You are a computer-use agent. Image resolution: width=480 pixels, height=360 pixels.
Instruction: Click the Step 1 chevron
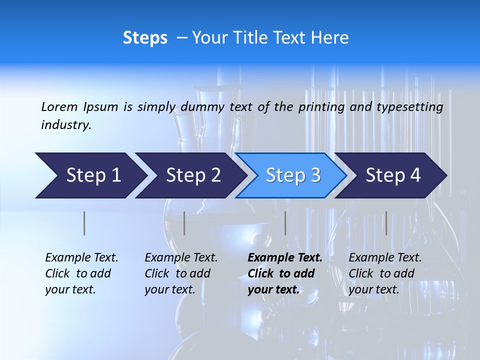click(90, 175)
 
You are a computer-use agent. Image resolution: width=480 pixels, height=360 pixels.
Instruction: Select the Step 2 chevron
click(192, 175)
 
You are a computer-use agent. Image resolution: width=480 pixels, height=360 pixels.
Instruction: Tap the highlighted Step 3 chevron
click(292, 175)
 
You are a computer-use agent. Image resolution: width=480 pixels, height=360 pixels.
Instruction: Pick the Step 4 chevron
click(392, 175)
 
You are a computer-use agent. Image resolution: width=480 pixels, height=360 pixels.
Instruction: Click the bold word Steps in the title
click(145, 38)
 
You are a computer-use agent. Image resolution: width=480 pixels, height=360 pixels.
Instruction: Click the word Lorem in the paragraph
click(59, 107)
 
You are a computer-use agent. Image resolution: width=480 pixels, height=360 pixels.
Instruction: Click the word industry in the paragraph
click(65, 125)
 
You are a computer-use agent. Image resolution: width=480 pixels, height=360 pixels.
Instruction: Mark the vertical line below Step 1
click(84, 223)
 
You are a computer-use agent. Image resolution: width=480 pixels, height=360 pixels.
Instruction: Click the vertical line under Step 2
click(184, 223)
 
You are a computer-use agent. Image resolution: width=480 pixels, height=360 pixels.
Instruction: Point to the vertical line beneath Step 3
click(285, 223)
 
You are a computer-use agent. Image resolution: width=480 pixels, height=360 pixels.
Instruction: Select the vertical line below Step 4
click(386, 223)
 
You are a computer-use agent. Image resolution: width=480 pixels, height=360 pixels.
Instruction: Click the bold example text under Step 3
click(284, 273)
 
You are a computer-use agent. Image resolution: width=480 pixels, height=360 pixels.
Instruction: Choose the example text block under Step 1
click(81, 273)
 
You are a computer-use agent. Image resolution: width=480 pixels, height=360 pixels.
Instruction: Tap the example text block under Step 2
click(181, 273)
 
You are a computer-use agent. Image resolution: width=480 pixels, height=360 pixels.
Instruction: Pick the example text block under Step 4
click(385, 273)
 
